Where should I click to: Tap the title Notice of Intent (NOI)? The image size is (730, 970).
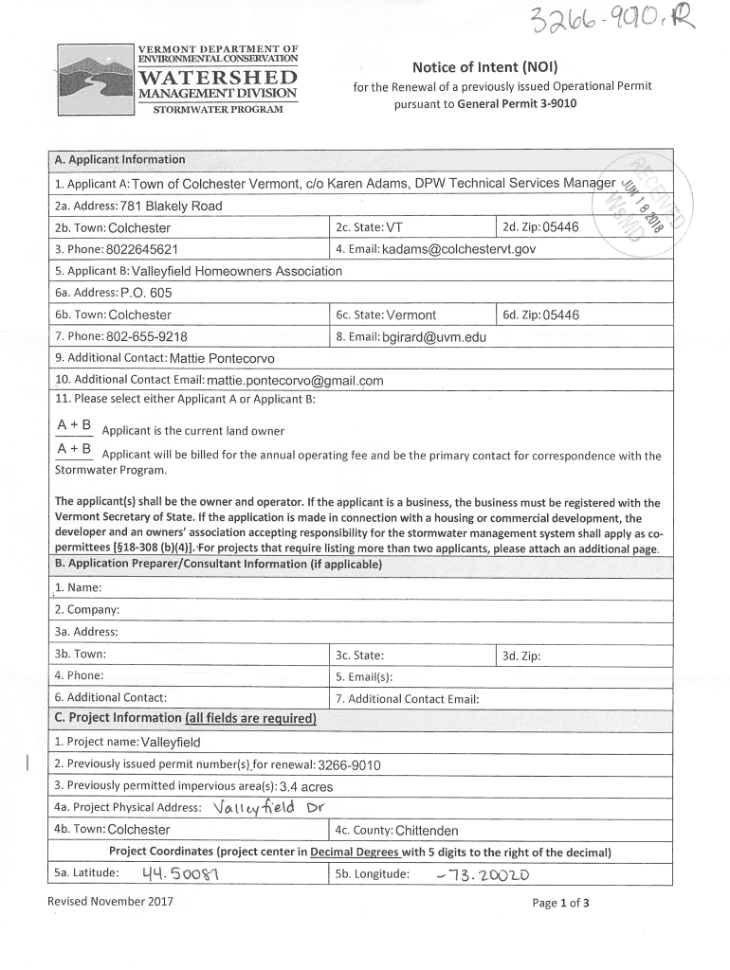tap(484, 67)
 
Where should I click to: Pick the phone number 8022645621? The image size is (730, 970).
tap(129, 250)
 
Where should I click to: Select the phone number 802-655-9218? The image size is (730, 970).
tap(147, 336)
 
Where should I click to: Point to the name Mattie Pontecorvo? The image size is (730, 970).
tap(221, 358)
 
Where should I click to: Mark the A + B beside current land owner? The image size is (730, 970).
tap(74, 426)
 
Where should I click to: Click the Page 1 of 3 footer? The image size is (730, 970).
tap(561, 903)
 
